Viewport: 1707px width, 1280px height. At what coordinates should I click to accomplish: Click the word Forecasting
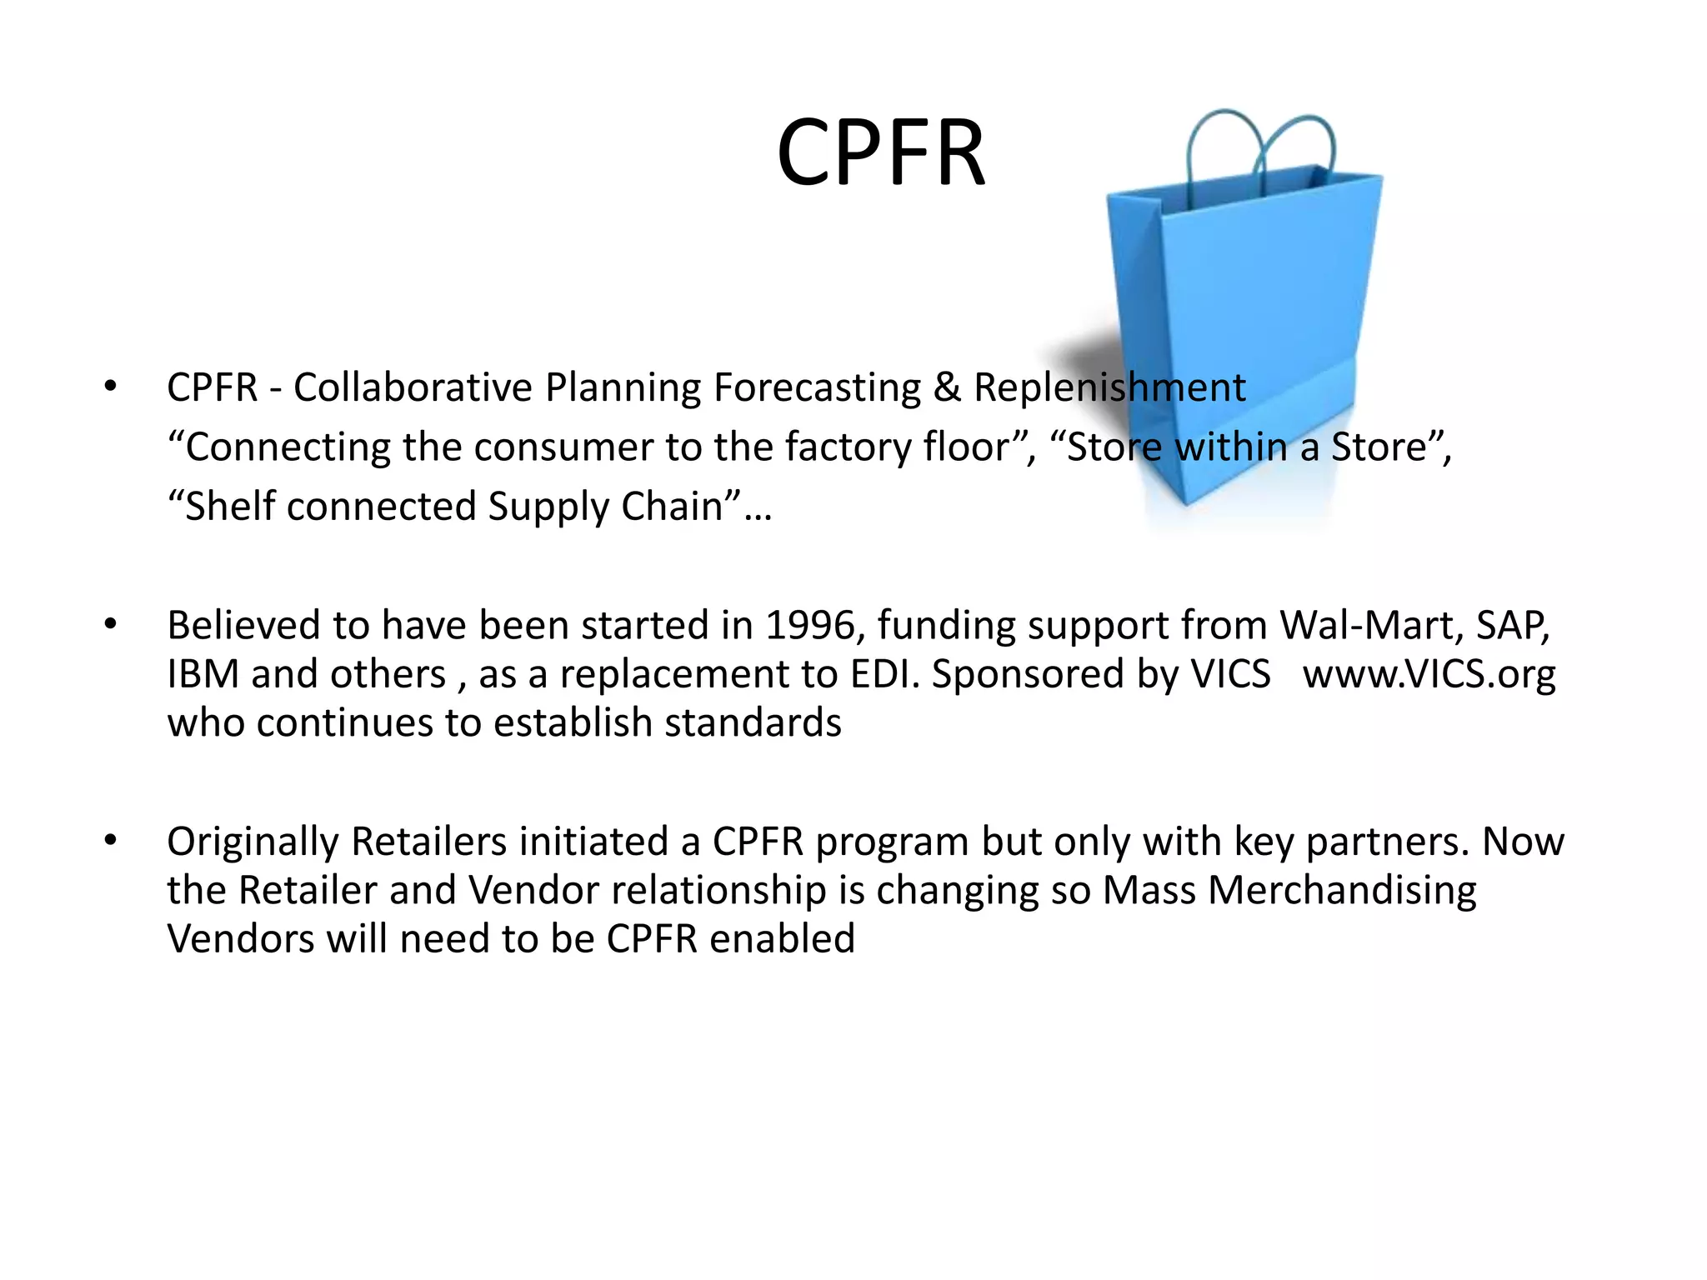coord(817,387)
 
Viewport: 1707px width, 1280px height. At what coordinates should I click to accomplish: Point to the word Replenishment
coord(1109,387)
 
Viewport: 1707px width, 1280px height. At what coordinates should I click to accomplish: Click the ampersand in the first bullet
coord(947,387)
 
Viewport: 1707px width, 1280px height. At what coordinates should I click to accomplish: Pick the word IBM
coord(203,674)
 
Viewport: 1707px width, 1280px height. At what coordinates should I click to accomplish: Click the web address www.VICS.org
coord(1429,674)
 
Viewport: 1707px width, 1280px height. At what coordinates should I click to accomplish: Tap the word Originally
coord(253,842)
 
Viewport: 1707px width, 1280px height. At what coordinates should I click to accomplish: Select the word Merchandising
coord(1342,890)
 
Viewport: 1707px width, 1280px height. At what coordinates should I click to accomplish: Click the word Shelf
coord(230,507)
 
